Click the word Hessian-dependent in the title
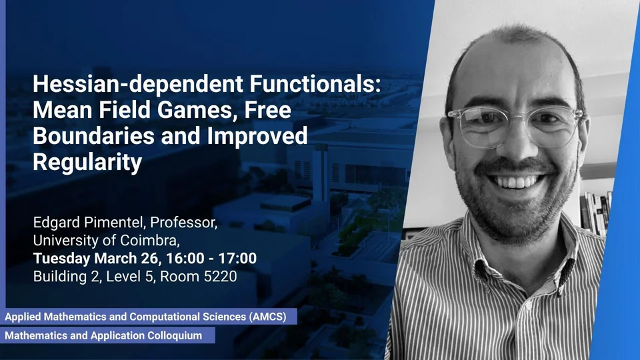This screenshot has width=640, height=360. (x=138, y=85)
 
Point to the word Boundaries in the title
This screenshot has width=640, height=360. (x=93, y=136)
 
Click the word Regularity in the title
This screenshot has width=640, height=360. (x=87, y=163)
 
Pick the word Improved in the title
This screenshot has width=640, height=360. (x=257, y=137)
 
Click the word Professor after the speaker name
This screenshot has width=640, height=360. (x=184, y=223)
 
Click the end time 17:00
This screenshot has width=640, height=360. (x=237, y=259)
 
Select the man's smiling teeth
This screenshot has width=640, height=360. (x=517, y=181)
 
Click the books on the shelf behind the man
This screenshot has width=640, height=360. (x=596, y=212)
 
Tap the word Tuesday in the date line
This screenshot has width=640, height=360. (x=61, y=259)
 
